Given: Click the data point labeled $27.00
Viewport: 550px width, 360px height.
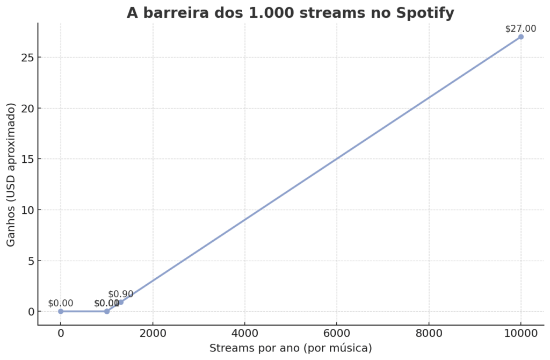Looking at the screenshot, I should pyautogui.click(x=520, y=37).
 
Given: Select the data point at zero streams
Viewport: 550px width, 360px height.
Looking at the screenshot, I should pyautogui.click(x=61, y=311).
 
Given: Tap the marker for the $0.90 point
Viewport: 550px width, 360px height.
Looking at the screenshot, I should pyautogui.click(x=120, y=302).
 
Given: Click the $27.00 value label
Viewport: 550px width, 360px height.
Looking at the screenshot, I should pyautogui.click(x=520, y=28).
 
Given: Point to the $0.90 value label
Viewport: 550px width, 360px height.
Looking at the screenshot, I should pyautogui.click(x=121, y=294).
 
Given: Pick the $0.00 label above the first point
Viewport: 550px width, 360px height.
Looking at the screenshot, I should pyautogui.click(x=61, y=303).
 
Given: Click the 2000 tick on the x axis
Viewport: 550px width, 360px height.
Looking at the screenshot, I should pyautogui.click(x=153, y=334).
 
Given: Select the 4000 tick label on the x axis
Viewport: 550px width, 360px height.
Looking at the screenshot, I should pyautogui.click(x=244, y=334).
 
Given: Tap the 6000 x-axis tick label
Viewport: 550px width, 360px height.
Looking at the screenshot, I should pyautogui.click(x=337, y=334).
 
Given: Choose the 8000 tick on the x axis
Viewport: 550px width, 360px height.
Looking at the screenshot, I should pyautogui.click(x=429, y=334).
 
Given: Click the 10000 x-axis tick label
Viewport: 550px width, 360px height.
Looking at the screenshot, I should pyautogui.click(x=520, y=334).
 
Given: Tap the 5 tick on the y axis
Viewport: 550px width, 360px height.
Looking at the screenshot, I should pyautogui.click(x=30, y=261).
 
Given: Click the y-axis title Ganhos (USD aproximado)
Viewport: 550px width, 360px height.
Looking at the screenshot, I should pyautogui.click(x=11, y=175).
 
